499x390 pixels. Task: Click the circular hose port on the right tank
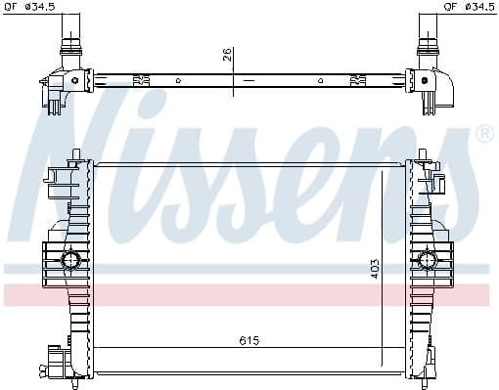click(x=427, y=259)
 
